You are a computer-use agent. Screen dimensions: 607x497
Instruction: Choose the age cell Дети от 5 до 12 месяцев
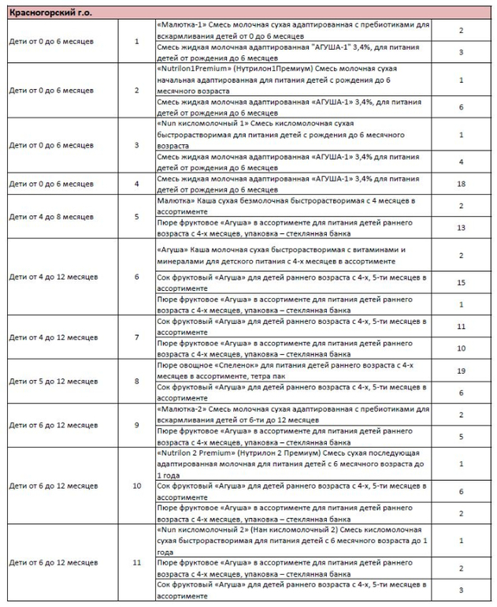tap(52, 381)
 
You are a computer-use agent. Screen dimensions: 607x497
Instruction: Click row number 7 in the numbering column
tap(137, 337)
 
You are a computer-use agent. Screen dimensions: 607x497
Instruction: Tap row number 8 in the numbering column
tap(137, 381)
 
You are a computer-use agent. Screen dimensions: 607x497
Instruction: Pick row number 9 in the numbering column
tap(137, 425)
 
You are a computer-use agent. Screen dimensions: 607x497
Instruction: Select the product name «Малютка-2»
tap(180, 410)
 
